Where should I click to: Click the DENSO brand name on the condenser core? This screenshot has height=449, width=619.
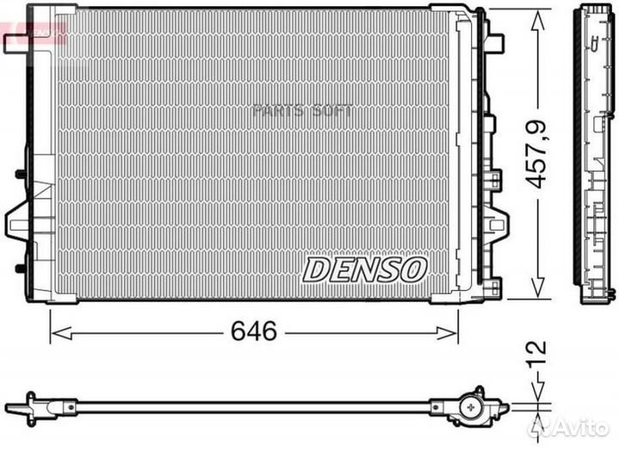(x=364, y=269)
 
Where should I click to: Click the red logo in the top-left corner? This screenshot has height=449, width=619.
(x=34, y=32)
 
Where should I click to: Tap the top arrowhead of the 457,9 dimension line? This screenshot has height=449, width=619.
(x=538, y=12)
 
